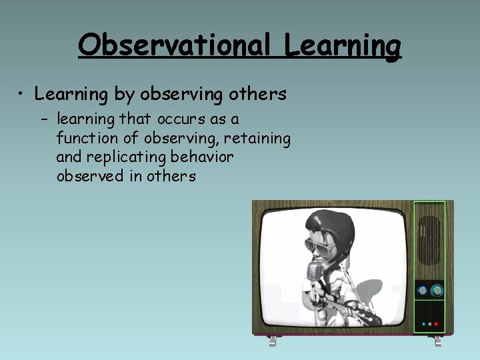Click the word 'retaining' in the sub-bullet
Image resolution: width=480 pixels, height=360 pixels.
point(260,139)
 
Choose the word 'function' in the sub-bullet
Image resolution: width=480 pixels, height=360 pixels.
point(83,139)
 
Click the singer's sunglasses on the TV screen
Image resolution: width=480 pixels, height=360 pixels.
point(319,246)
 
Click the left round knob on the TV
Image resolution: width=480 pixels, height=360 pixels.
point(421,291)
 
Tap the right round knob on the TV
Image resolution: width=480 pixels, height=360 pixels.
point(437,291)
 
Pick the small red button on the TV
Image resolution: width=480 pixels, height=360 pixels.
point(436,325)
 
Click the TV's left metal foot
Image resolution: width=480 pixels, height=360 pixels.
point(273,341)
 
